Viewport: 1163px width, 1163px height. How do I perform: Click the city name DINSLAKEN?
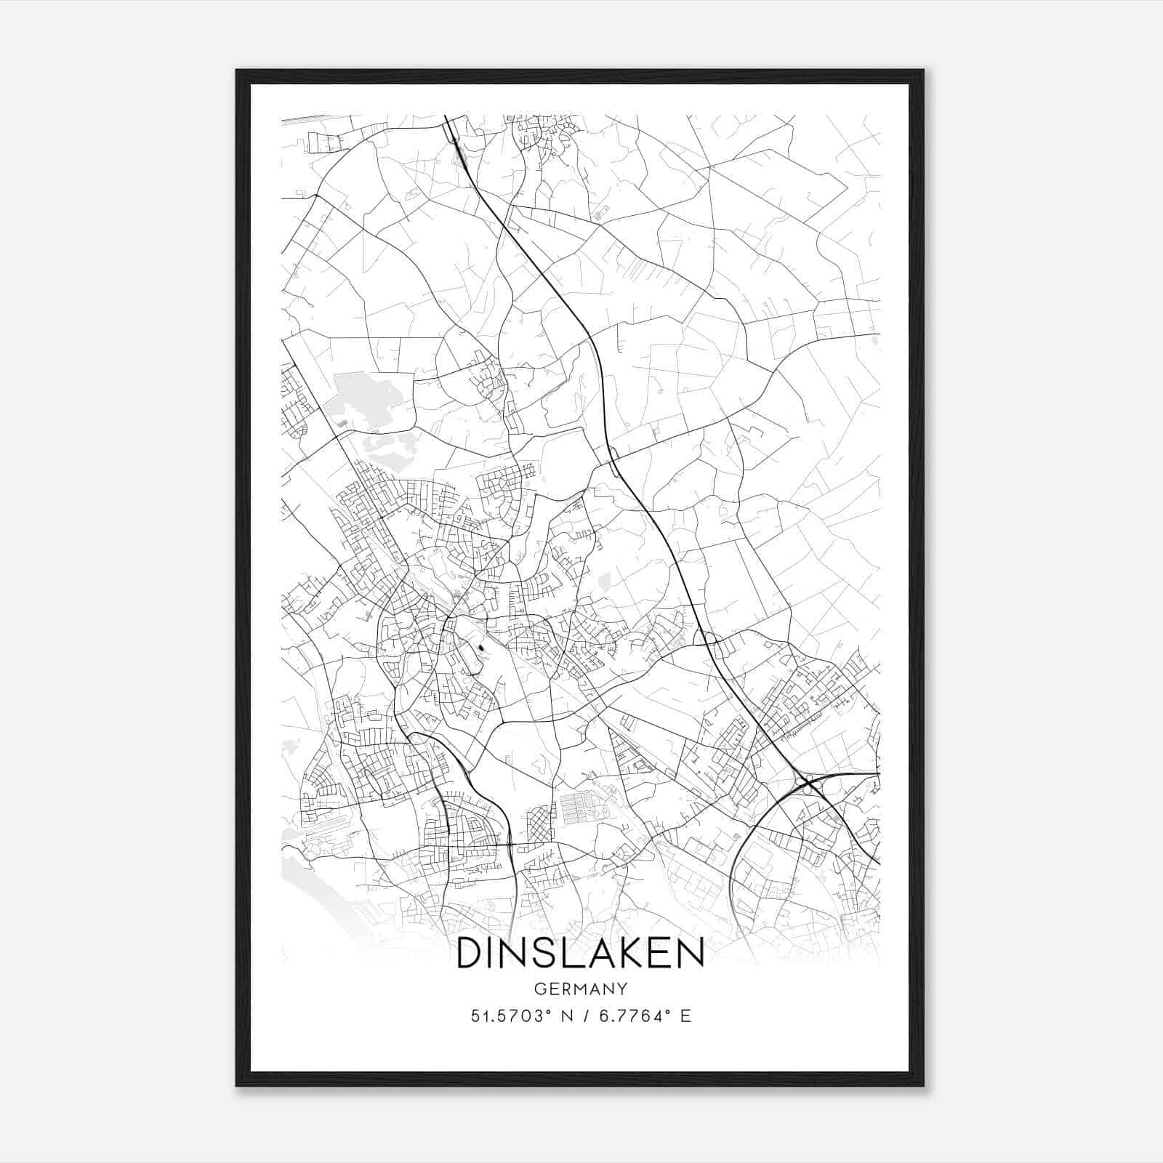[580, 953]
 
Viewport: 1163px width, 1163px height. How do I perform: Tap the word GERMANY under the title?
[580, 989]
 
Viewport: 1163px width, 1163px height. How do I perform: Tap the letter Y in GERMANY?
[621, 989]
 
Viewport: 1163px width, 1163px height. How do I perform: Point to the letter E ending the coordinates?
[685, 1016]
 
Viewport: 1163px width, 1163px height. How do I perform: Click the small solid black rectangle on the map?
[480, 643]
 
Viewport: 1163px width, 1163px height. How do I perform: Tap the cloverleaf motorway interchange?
[806, 783]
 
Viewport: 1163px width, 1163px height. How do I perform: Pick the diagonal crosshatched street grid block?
[537, 825]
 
